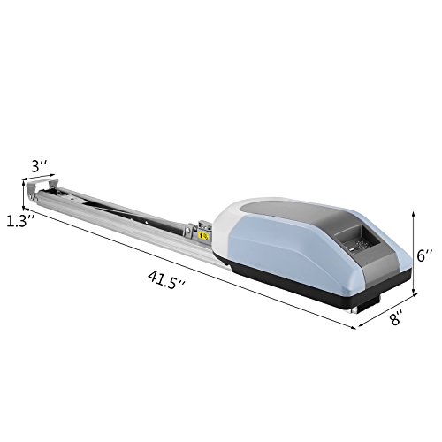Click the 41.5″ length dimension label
[x=166, y=280]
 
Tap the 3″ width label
[x=40, y=166]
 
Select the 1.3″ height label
[x=20, y=221]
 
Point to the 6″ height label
[x=424, y=255]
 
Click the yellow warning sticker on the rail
[x=204, y=237]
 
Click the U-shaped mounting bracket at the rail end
[x=42, y=188]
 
